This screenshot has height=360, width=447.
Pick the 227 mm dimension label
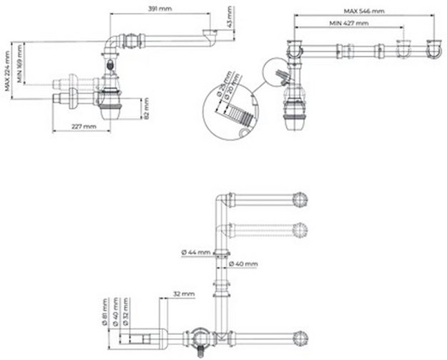83,127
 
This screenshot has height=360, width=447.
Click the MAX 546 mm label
363,11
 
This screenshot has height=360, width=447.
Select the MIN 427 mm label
349,24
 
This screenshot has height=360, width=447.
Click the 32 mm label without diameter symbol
184,294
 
